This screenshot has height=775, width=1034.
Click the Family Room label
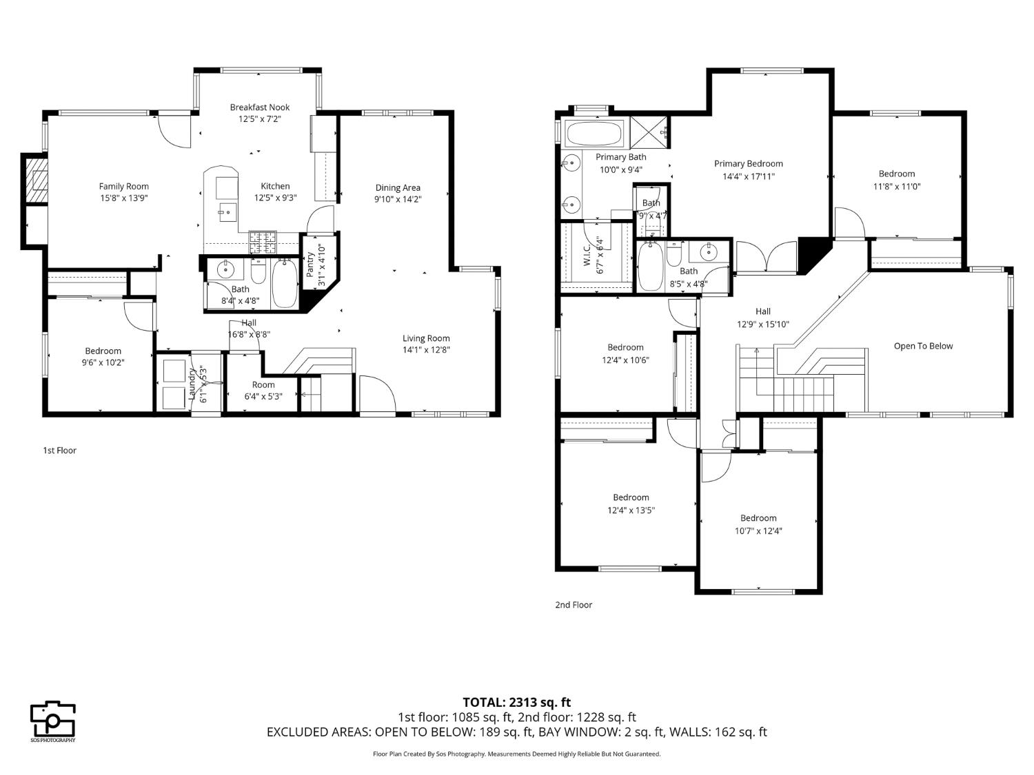[x=123, y=186]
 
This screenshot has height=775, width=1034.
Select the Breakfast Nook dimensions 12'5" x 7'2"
[x=260, y=119]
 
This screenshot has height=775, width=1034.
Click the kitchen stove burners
[x=262, y=242]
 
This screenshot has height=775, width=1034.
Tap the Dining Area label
[x=398, y=187]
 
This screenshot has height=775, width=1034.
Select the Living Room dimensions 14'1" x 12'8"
[x=426, y=350]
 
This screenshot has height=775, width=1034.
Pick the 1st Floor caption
[x=59, y=451]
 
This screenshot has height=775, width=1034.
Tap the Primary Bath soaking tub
[x=594, y=133]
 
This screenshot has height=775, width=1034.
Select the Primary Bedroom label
[x=748, y=164]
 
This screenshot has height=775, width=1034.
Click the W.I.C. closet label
[x=587, y=253]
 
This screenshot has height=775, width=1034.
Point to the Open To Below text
[x=923, y=346]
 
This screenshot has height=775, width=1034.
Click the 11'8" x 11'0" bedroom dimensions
[x=896, y=186]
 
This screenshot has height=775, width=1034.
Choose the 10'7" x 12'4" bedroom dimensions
[x=758, y=530]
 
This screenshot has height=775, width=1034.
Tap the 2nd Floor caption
[x=574, y=605]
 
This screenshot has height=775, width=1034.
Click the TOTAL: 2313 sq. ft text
[x=516, y=703]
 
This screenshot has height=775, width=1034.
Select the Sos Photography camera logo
[x=52, y=720]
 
